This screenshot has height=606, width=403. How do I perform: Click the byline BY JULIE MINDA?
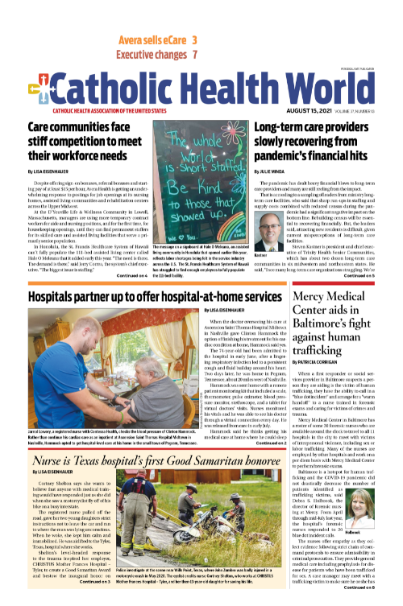coord(273,171)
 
